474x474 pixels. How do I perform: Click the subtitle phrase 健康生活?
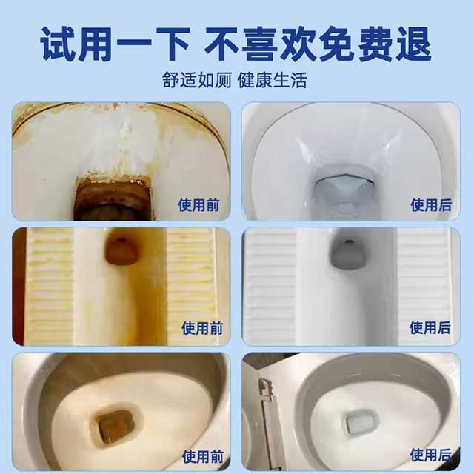coord(273,80)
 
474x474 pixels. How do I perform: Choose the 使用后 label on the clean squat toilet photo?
coord(431,327)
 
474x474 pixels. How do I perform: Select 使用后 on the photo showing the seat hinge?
coord(431,453)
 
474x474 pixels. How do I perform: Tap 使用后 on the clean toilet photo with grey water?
coord(431,204)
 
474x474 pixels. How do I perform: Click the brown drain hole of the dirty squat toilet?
coord(120,250)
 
